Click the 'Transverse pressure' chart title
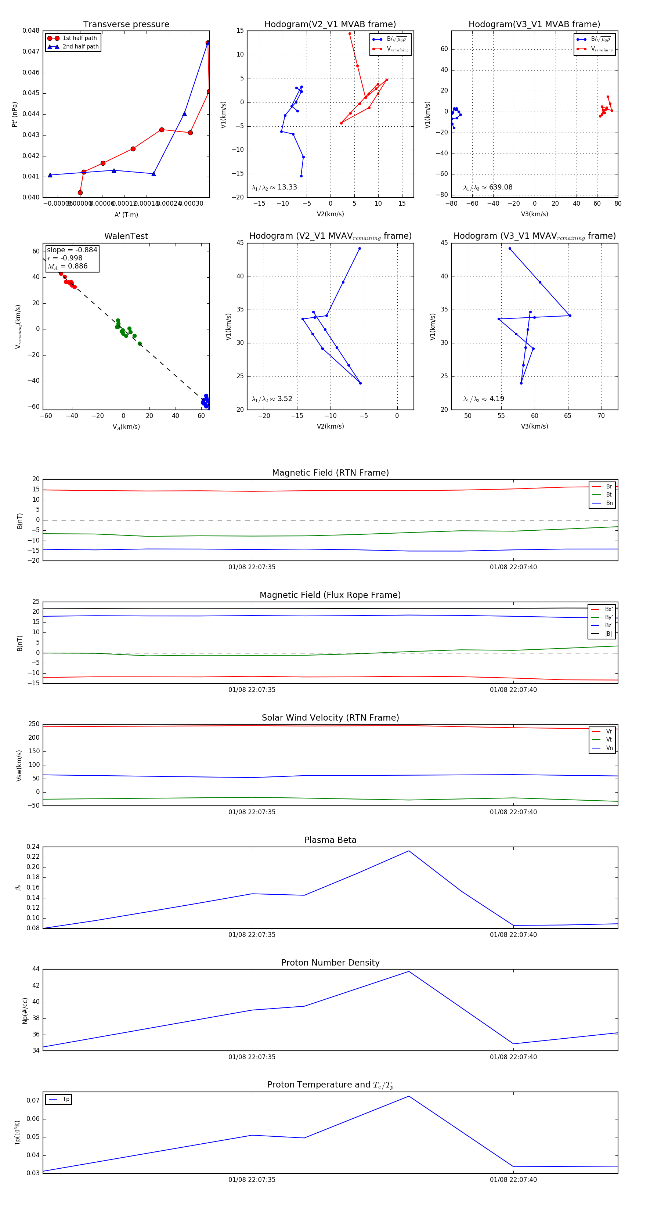(x=126, y=25)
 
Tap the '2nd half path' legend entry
(x=80, y=47)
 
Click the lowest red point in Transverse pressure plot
(x=80, y=192)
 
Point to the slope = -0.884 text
(x=72, y=250)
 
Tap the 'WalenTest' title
(x=126, y=236)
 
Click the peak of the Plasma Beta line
(x=409, y=851)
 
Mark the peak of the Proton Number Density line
(x=409, y=971)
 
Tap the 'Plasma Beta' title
(x=330, y=840)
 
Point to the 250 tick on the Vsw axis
(x=34, y=724)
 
